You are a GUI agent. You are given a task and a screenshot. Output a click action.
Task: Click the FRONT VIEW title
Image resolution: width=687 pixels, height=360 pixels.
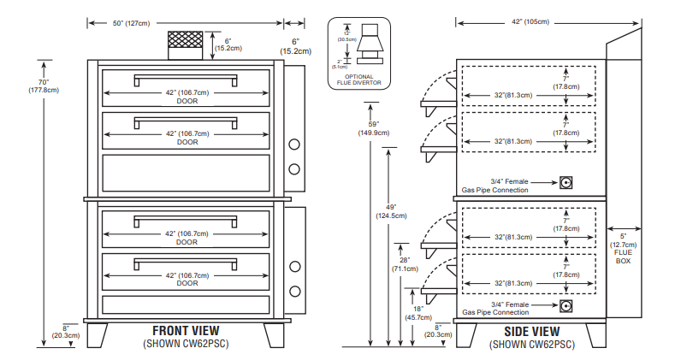[x=186, y=330]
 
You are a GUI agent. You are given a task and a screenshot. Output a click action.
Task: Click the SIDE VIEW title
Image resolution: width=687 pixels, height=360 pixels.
[x=531, y=331]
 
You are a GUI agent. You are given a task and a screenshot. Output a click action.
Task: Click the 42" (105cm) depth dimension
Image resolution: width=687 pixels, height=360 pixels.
[x=530, y=21]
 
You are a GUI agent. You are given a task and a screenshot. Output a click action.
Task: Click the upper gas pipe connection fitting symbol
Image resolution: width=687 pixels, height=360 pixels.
[x=566, y=182]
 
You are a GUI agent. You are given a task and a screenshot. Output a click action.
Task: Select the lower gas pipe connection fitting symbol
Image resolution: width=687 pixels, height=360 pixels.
[x=566, y=305]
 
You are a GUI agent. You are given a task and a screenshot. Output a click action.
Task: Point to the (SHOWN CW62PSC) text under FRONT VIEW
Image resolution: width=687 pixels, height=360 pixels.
[x=186, y=344]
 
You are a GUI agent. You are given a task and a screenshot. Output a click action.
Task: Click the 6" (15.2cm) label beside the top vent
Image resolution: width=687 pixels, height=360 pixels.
[x=228, y=44]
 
